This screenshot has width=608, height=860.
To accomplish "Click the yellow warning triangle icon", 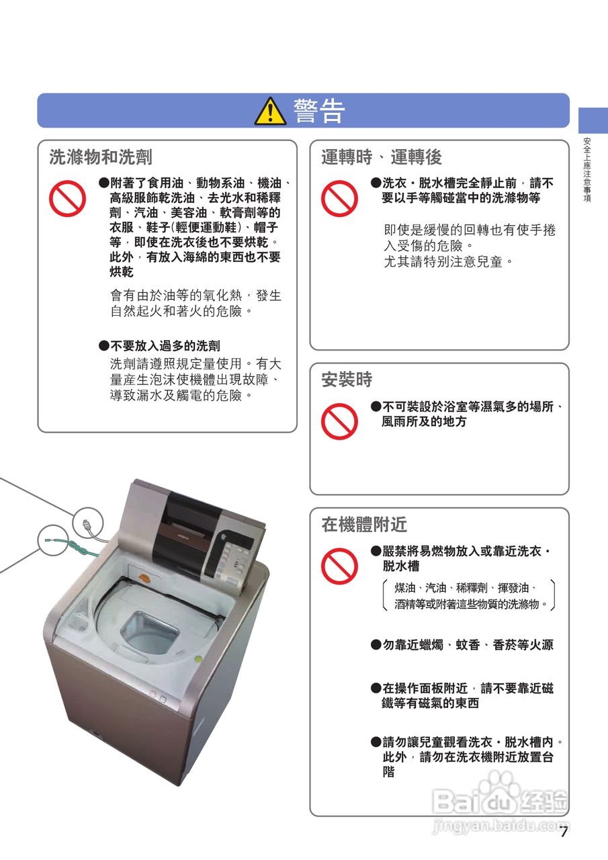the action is click(x=270, y=112).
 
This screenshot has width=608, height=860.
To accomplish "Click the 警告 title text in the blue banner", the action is click(x=319, y=111).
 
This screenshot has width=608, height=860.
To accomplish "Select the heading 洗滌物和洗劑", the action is click(x=101, y=157).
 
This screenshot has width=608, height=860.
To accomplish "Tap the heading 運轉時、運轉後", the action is click(x=381, y=157).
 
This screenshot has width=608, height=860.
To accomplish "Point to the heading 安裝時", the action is click(x=347, y=380).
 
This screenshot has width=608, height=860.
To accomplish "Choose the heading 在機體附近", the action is click(x=364, y=525).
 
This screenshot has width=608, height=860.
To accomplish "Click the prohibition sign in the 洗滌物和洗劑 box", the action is click(x=67, y=198).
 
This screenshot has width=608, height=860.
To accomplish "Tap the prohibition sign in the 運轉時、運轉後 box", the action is click(x=339, y=198).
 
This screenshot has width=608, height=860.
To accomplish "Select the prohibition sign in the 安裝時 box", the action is click(x=339, y=421).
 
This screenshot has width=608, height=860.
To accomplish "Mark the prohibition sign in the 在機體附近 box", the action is click(x=339, y=566).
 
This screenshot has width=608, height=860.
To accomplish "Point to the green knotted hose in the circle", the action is click(x=73, y=547).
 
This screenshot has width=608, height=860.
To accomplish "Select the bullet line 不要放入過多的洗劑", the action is click(x=160, y=345).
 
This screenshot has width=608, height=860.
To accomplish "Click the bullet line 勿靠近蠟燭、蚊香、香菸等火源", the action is click(x=462, y=644).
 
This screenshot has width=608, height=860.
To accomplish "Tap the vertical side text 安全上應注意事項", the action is click(x=587, y=169).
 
